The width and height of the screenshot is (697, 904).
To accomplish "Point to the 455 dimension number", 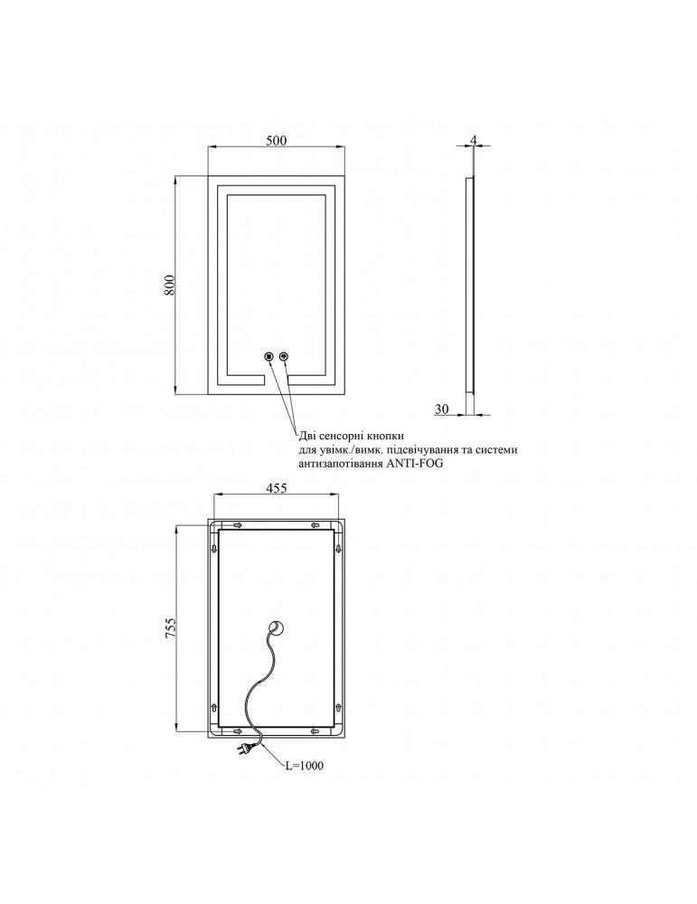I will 276,488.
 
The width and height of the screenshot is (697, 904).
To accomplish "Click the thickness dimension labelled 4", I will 473,140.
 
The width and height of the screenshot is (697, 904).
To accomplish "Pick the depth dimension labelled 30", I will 442,410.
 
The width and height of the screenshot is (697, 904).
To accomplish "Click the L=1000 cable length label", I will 303,766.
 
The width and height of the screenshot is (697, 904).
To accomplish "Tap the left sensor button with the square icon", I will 268,357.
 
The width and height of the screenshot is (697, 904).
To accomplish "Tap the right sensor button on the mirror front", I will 286,357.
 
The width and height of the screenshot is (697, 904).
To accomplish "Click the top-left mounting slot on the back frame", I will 239,525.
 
